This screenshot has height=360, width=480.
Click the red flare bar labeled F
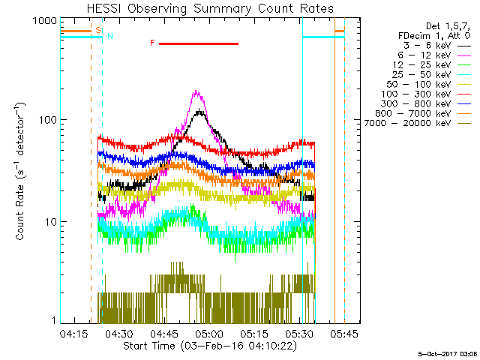tap(198, 43)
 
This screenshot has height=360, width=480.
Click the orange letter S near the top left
tap(98, 30)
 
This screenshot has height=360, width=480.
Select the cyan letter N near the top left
tap(110, 35)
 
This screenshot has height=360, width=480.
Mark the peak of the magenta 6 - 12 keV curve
tap(197, 92)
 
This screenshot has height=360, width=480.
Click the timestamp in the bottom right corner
tap(447, 352)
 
